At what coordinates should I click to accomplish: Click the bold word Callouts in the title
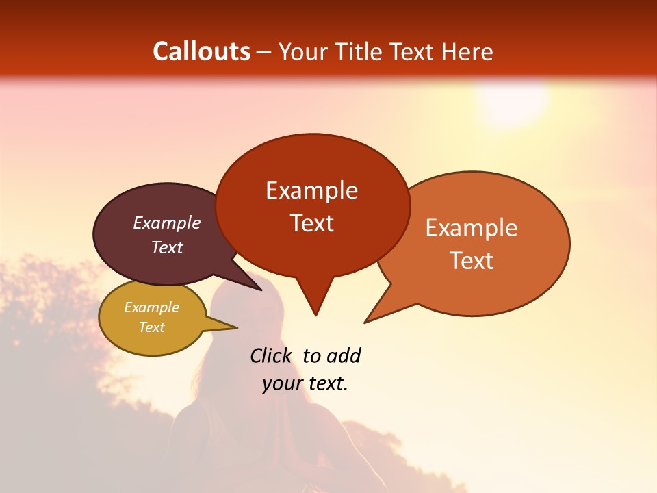click(x=201, y=51)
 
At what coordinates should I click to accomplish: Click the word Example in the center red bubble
click(x=311, y=190)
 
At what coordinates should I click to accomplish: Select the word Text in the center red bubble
click(x=312, y=223)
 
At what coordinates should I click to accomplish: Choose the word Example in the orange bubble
click(x=472, y=228)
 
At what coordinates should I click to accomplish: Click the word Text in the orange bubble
click(x=472, y=261)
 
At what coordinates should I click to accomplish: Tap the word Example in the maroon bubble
click(x=167, y=223)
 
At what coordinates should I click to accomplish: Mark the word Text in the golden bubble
click(x=151, y=327)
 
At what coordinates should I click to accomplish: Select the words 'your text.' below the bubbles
click(x=305, y=384)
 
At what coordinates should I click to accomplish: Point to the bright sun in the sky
click(x=513, y=103)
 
